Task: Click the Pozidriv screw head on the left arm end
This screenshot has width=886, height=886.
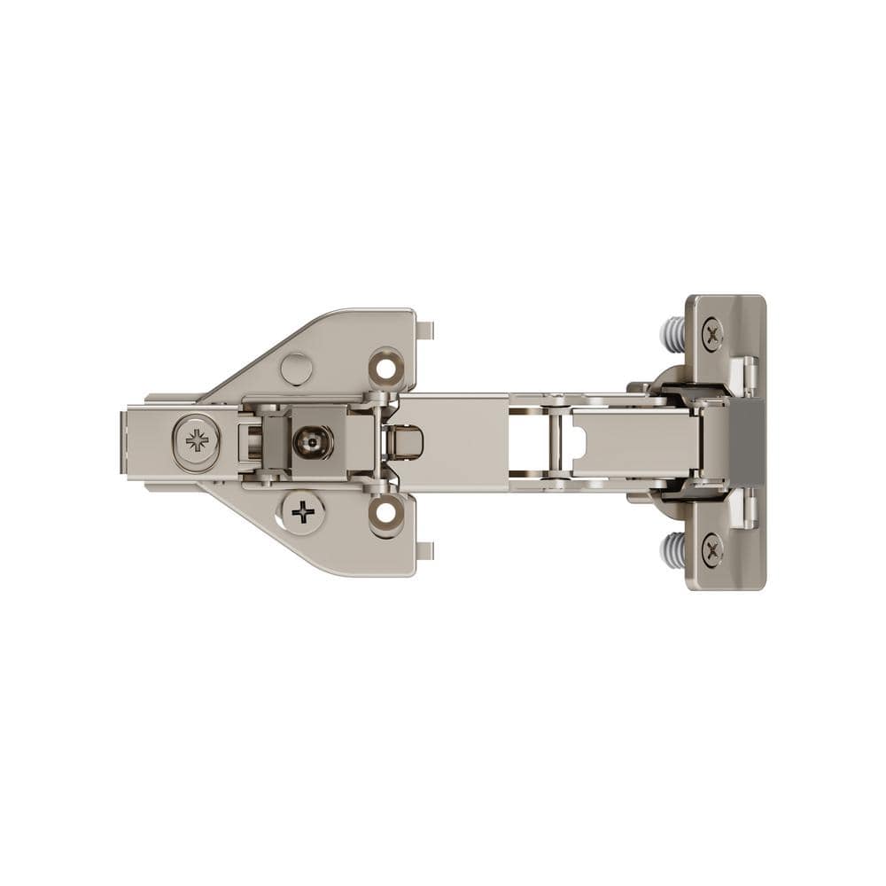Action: click(x=197, y=440)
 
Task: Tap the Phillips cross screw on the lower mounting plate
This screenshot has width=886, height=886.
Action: click(x=303, y=512)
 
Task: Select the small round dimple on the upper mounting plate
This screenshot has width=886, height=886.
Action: click(x=296, y=369)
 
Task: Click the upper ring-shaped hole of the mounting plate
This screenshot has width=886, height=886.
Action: click(x=386, y=366)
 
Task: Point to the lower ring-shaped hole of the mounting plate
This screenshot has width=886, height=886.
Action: click(x=386, y=513)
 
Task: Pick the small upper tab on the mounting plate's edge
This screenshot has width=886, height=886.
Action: click(x=425, y=330)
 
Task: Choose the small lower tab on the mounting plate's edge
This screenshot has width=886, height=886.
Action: click(x=425, y=550)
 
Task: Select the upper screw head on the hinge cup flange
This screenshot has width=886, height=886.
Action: click(x=712, y=334)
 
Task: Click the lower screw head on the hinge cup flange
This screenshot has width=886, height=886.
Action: click(x=712, y=550)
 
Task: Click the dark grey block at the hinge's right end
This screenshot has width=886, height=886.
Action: click(x=746, y=441)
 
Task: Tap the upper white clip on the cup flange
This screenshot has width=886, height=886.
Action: click(x=748, y=374)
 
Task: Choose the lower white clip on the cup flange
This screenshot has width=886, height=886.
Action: click(x=748, y=508)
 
